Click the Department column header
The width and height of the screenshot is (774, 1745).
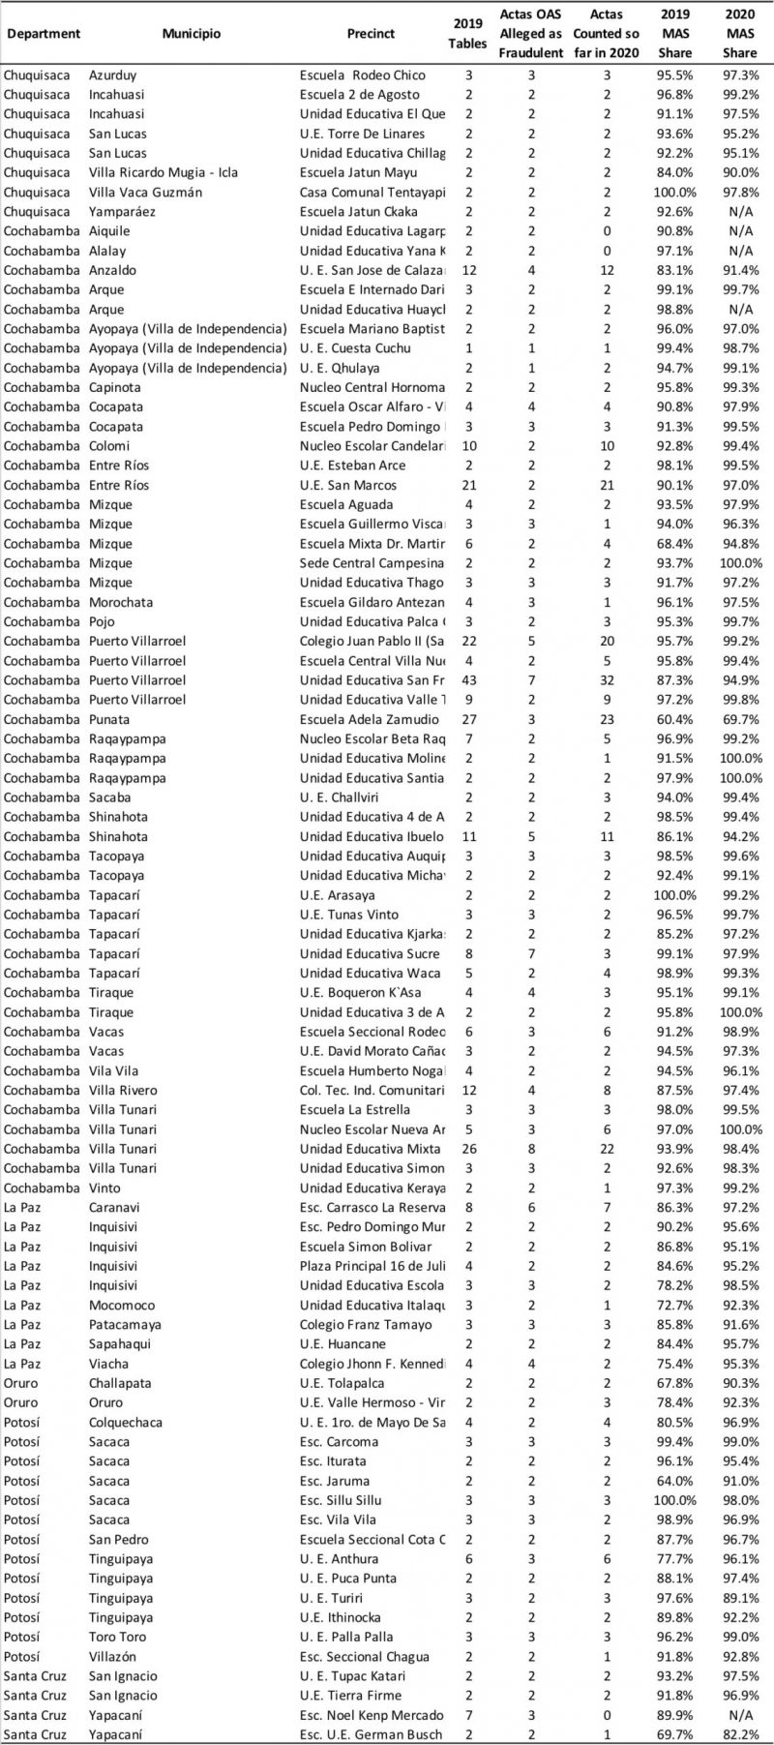43,34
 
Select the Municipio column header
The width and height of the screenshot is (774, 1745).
192,34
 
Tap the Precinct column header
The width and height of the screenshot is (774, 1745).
371,34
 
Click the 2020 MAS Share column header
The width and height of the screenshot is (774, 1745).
740,34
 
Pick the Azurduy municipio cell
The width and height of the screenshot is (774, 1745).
112,75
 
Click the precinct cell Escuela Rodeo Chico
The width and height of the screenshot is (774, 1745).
362,75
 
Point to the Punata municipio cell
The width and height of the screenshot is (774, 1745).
109,719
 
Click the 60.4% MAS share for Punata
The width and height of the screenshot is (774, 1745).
674,719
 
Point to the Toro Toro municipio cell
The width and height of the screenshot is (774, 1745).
118,1637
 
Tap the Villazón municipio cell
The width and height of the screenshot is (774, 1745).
114,1656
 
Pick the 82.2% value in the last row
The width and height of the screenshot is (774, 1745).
740,1734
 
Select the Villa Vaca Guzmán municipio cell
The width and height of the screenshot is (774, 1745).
145,192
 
